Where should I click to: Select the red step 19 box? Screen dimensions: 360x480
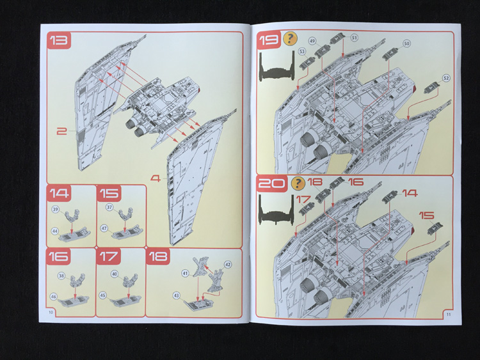pyautogui.click(x=268, y=41)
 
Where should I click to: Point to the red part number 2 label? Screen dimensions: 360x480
pyautogui.click(x=61, y=132)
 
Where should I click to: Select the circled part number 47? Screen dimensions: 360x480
pyautogui.click(x=104, y=228)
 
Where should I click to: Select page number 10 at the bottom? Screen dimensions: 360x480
pyautogui.click(x=50, y=311)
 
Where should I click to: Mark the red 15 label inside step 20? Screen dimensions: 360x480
pyautogui.click(x=426, y=216)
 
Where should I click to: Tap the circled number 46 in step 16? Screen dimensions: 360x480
pyautogui.click(x=54, y=297)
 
